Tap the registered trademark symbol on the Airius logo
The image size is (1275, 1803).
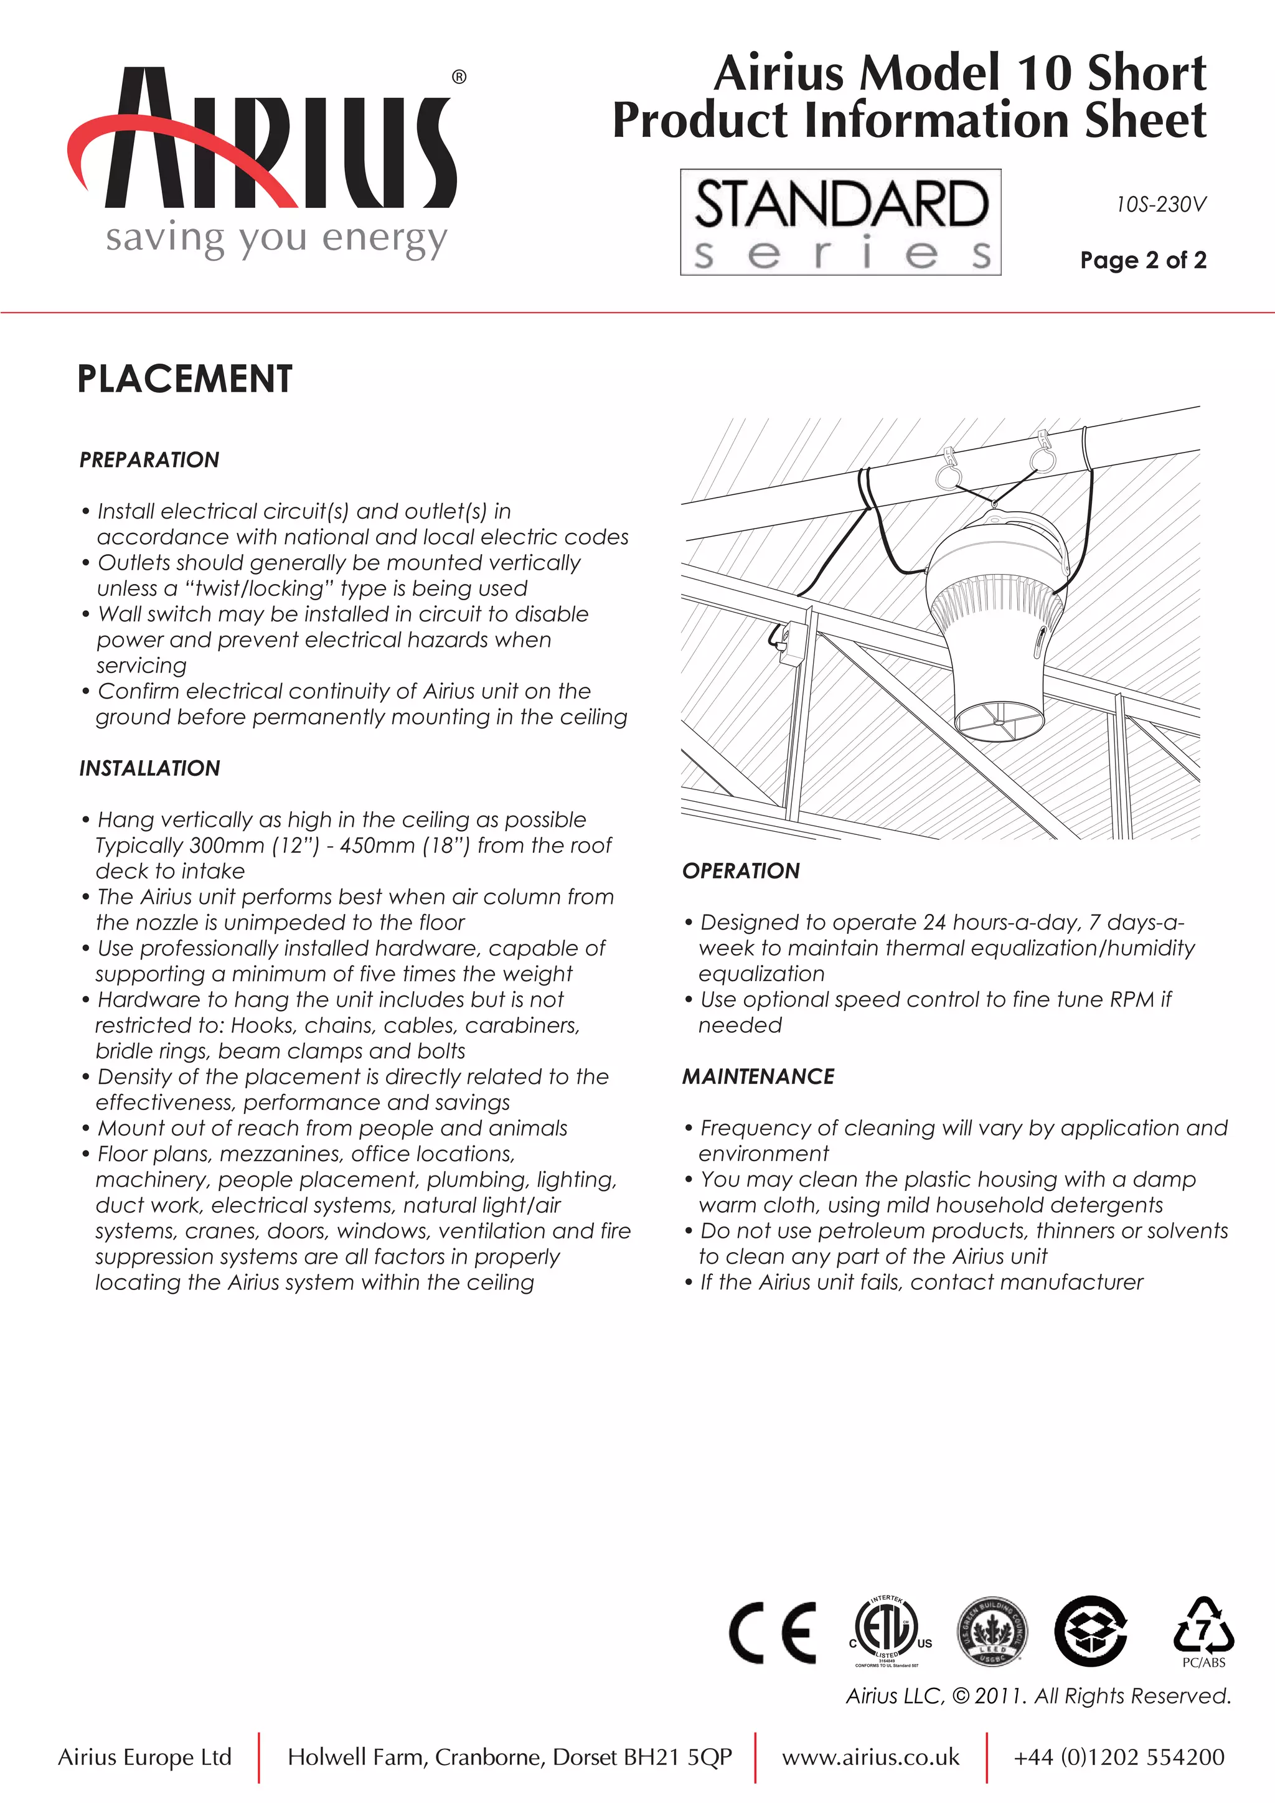pos(459,77)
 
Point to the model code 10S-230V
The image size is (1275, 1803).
pos(1160,205)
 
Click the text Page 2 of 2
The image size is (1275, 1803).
pos(1142,260)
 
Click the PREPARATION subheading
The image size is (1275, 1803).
pos(149,460)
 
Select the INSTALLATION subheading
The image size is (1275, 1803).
pos(149,768)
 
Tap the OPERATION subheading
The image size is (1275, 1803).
pos(740,871)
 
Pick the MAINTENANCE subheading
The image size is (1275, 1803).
pos(758,1076)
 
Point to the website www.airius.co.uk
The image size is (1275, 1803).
pos(870,1758)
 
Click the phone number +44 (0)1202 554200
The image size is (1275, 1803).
pos(1118,1758)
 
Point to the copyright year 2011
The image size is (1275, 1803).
pos(999,1696)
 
